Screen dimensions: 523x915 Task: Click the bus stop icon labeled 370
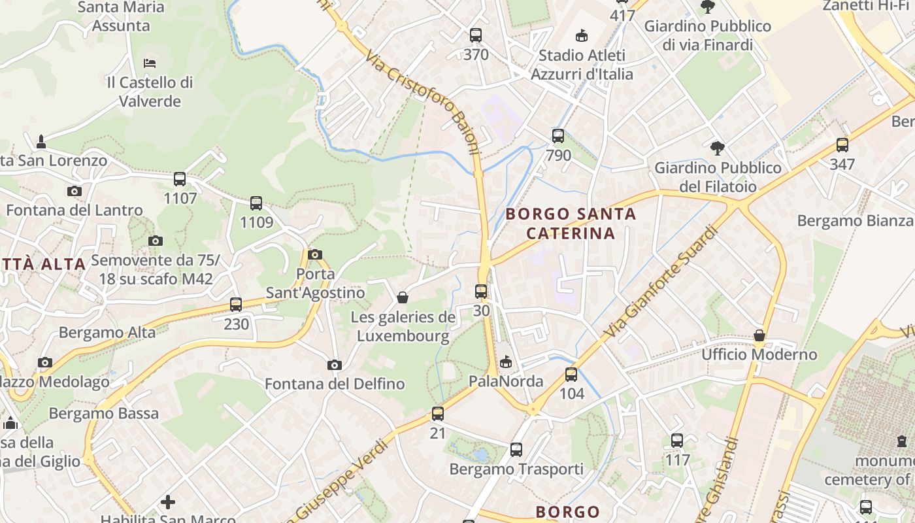pyautogui.click(x=476, y=35)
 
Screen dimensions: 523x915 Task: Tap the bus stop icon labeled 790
pyautogui.click(x=558, y=136)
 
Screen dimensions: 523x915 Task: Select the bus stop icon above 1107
pyautogui.click(x=180, y=178)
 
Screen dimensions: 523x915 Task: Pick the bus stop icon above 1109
pyautogui.click(x=256, y=203)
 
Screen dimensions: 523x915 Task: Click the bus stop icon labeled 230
pyautogui.click(x=236, y=304)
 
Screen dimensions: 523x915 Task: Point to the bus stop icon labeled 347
pyautogui.click(x=842, y=145)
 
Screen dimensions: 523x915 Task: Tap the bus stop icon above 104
pyautogui.click(x=571, y=375)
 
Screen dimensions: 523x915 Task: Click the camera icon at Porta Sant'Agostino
pyautogui.click(x=315, y=254)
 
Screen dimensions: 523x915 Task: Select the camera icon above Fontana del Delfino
pyautogui.click(x=335, y=365)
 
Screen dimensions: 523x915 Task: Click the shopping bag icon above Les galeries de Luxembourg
pyautogui.click(x=403, y=298)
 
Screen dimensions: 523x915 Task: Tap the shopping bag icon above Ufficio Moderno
pyautogui.click(x=759, y=335)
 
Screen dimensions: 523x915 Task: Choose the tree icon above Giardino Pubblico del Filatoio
pyautogui.click(x=718, y=148)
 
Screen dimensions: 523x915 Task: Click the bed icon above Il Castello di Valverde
pyautogui.click(x=150, y=63)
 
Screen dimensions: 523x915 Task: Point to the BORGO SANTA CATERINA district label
pyautogui.click(x=571, y=224)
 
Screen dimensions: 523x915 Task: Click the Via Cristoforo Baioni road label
pyautogui.click(x=424, y=105)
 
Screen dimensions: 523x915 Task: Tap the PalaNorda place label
pyautogui.click(x=506, y=381)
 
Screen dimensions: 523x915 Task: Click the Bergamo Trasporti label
pyautogui.click(x=516, y=469)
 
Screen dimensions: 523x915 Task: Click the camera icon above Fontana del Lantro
pyautogui.click(x=75, y=191)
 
